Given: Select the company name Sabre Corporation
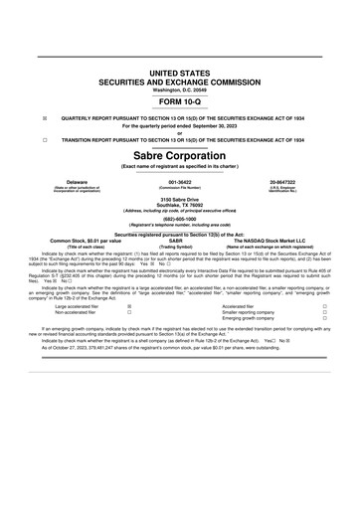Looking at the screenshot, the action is tap(180, 156).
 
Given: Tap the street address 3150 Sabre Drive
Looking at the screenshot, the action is tap(180, 201).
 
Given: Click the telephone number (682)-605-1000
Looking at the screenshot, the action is tap(180, 220).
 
